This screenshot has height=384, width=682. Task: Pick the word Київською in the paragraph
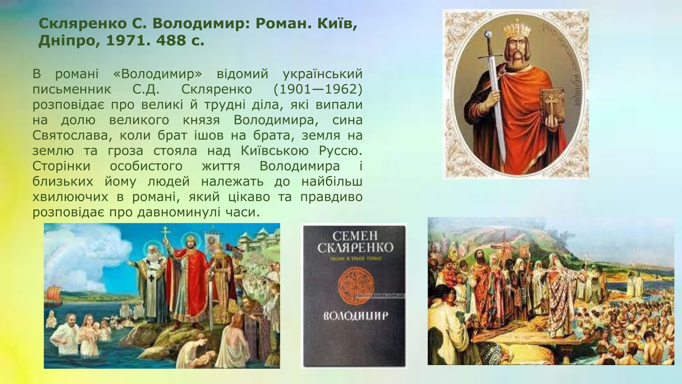[x=275, y=151]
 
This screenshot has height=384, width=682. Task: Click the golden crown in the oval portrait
[x=516, y=30]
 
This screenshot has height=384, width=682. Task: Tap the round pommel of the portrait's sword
[x=488, y=34]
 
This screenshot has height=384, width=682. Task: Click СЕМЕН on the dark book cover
[x=355, y=236]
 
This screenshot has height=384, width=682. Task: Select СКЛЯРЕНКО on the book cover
[x=355, y=248]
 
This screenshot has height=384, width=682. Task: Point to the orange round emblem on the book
[x=356, y=286]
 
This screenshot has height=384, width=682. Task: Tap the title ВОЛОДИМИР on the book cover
[x=356, y=316]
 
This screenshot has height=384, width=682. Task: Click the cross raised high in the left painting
[x=165, y=233]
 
